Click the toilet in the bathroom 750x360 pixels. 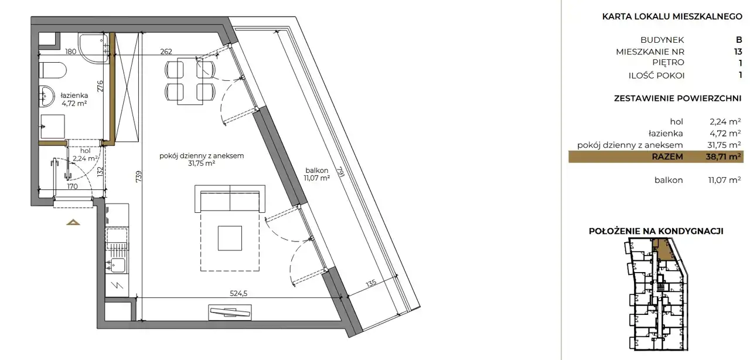pos(53,70)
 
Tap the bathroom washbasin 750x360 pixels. pos(46,96)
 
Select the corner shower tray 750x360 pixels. pos(94,48)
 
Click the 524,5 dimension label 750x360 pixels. pos(238,293)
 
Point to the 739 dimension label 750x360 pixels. pos(139,176)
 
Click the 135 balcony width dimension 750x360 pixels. pos(371,284)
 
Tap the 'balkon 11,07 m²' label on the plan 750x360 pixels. pos(317,174)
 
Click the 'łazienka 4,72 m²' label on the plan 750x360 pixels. pos(74,100)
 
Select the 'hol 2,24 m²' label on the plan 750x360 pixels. pos(85,155)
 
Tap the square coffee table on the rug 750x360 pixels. pos(230,238)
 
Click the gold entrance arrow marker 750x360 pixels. pos(73,222)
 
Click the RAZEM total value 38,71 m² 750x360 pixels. pos(723,157)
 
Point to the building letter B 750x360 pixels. pos(739,40)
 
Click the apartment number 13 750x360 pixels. pos(738,52)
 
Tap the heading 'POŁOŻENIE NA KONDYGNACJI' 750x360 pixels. pos(656,231)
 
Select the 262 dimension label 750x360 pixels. pos(166,52)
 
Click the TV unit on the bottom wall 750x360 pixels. pos(230,313)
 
